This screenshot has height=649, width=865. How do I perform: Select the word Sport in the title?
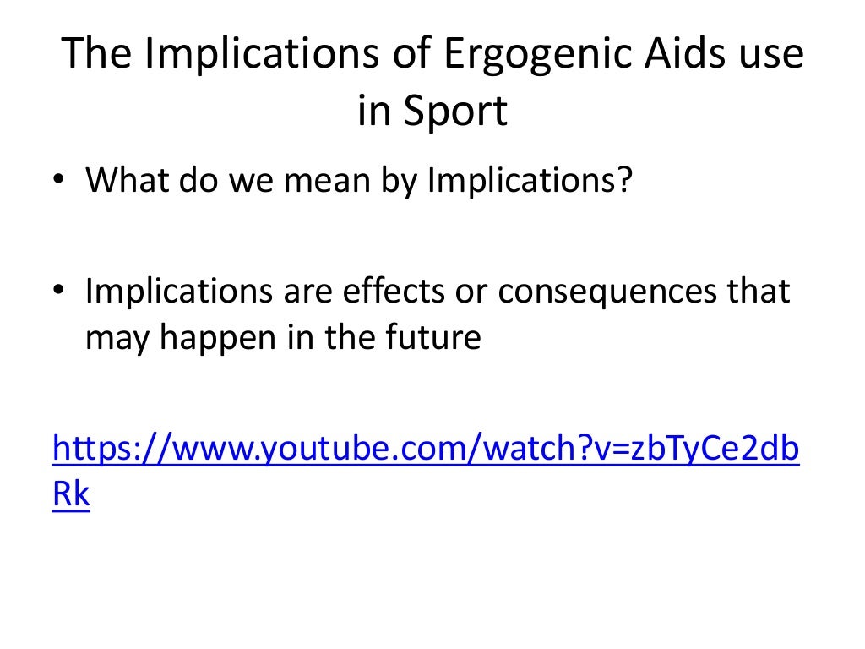(455, 111)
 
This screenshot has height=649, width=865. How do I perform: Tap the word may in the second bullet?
(115, 338)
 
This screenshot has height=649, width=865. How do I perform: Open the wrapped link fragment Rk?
(71, 494)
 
